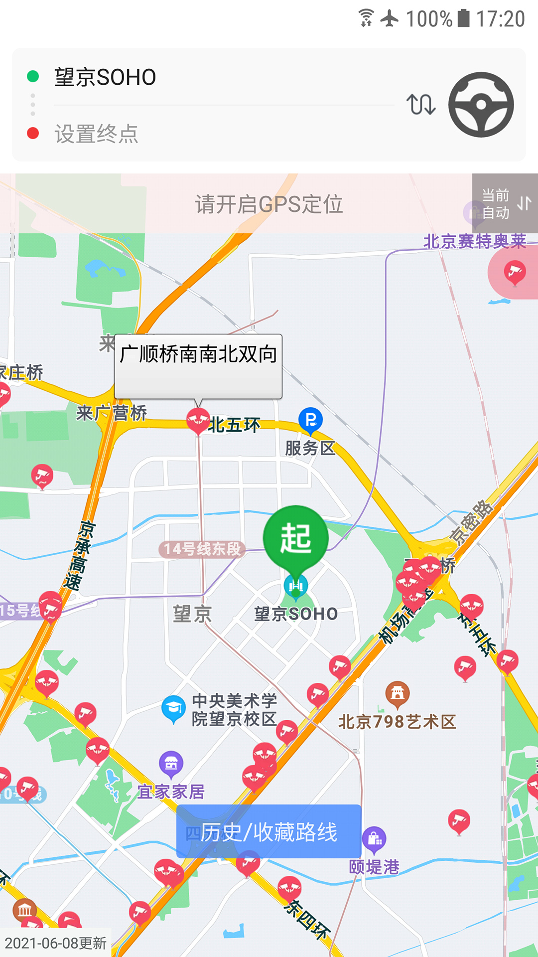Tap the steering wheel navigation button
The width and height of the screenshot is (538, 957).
pos(481,105)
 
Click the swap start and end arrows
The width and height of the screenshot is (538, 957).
pos(421,104)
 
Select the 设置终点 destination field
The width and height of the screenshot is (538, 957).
pos(97,134)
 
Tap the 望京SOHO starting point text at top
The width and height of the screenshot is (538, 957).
pos(105,77)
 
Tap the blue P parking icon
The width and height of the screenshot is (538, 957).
pos(310,420)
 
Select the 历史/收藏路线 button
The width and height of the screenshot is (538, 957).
pos(269,832)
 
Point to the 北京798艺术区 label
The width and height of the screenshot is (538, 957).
pos(397,721)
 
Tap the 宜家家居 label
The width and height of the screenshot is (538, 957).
pos(171,792)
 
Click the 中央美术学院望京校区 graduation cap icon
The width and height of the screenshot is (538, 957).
pos(173,708)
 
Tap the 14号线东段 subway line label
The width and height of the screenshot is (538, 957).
pos(202,549)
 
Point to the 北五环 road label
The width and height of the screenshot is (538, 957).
pos(234,425)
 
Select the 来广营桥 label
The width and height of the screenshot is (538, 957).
pos(112,413)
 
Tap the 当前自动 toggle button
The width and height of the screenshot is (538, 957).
pos(505,203)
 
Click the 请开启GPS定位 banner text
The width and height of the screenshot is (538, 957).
pos(269,204)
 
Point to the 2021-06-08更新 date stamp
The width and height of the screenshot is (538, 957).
pos(56,943)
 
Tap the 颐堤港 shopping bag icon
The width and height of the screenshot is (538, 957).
pos(374,839)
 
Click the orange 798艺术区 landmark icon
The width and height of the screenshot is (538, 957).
pos(398,693)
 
